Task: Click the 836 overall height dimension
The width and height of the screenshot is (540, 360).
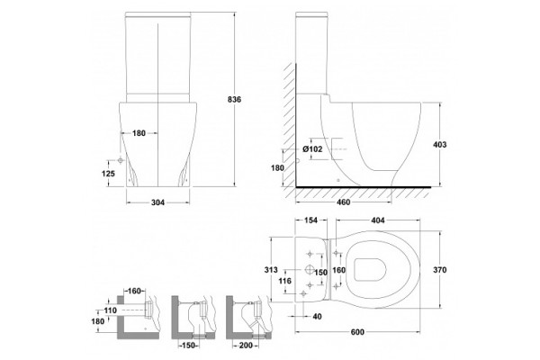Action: (x=235, y=100)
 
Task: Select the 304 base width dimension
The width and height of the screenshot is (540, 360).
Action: (x=158, y=202)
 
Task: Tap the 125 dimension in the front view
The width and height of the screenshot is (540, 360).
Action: (x=108, y=174)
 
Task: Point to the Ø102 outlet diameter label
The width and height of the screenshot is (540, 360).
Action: (x=312, y=149)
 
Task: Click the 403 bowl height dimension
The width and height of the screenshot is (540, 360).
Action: (x=439, y=145)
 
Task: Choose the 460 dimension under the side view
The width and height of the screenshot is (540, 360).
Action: (x=343, y=202)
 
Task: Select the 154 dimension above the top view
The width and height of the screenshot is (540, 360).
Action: (x=310, y=220)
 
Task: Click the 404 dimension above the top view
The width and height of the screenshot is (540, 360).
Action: (x=378, y=220)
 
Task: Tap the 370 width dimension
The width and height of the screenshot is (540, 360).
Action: (x=439, y=270)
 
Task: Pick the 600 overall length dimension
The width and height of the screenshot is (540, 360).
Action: (x=357, y=332)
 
